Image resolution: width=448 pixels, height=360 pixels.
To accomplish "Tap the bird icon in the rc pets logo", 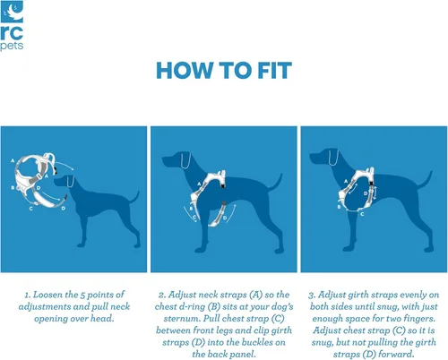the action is (x=12, y=12).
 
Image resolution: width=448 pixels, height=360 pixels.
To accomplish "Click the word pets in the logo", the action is (x=12, y=47).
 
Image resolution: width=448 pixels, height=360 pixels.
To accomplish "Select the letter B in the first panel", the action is (x=13, y=187).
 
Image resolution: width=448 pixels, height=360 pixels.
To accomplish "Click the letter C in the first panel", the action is (x=31, y=209).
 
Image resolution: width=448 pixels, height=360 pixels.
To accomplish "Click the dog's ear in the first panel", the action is (x=71, y=181).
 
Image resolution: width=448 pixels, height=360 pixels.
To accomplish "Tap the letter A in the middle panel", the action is (x=199, y=184).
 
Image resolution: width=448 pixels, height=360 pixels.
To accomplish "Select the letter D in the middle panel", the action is (x=225, y=218).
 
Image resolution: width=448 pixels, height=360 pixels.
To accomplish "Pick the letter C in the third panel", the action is (x=362, y=214).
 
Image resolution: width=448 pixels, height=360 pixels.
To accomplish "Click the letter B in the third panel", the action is (x=339, y=207).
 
